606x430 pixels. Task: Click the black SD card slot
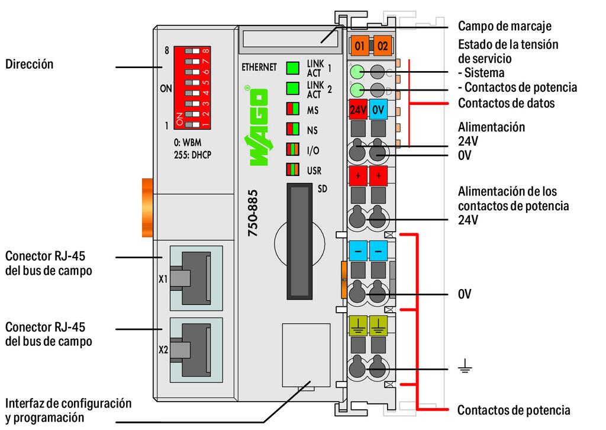[x=299, y=242]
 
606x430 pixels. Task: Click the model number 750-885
[x=253, y=213]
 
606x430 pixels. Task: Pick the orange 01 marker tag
[x=359, y=44]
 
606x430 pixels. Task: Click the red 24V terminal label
[x=357, y=110]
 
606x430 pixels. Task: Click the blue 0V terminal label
[x=379, y=110]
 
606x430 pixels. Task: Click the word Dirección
[x=29, y=64]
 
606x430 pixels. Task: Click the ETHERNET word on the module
[x=259, y=67]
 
